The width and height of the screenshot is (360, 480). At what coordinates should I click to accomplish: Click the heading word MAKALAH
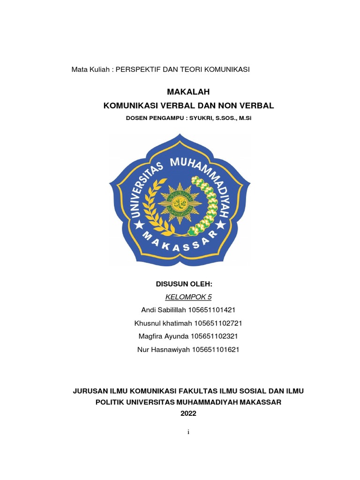point(188,91)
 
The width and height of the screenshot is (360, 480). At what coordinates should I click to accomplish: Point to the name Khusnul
point(147,323)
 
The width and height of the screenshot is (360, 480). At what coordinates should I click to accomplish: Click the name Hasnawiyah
point(168,349)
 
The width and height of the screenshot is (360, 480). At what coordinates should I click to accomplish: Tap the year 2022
point(188,413)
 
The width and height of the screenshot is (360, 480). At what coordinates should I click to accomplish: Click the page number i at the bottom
point(188,432)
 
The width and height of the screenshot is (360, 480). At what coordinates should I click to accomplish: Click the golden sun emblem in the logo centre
point(180,204)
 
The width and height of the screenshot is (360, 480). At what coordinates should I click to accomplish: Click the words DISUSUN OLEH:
point(184,284)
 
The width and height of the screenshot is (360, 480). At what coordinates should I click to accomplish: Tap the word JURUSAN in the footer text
point(89,390)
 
